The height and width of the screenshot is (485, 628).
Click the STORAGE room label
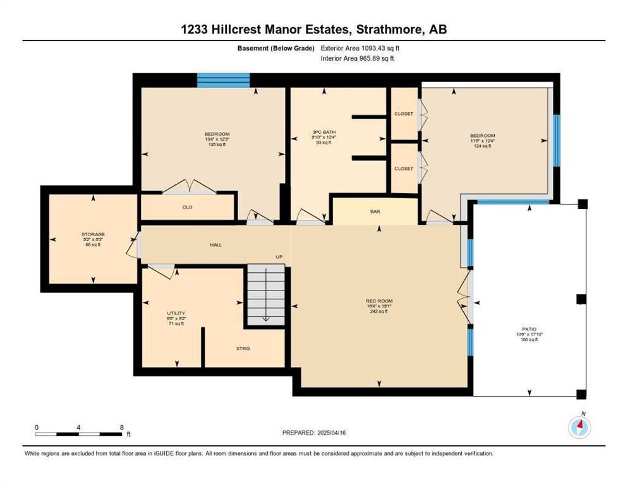[x=92, y=234]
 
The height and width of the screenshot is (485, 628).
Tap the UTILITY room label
[x=176, y=313]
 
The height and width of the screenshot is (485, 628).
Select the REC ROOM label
[x=379, y=301]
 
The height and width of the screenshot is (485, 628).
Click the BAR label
[x=375, y=212]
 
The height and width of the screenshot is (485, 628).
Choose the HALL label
[x=216, y=244]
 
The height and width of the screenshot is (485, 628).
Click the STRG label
[x=243, y=348]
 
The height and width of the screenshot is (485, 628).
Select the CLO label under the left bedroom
[x=187, y=207]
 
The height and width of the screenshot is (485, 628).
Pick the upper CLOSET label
[x=403, y=114]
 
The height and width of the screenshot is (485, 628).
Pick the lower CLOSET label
[x=403, y=169]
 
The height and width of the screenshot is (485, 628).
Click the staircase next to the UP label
[x=265, y=294]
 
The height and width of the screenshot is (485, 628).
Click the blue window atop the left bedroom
[x=223, y=80]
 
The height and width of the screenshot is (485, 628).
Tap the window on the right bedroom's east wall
[x=557, y=140]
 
